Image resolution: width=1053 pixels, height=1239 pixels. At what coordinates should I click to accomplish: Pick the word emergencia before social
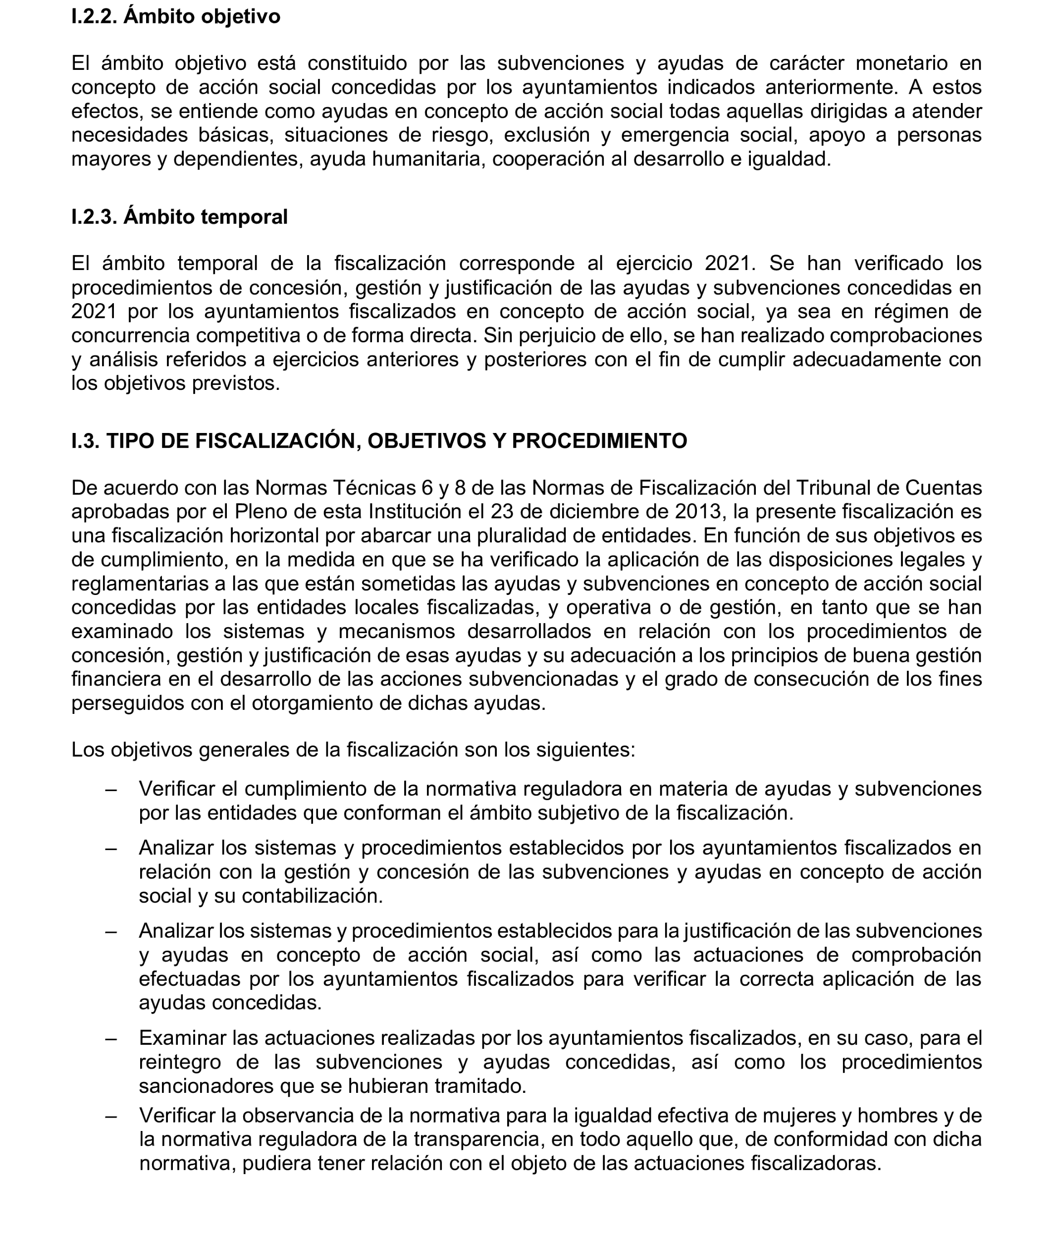point(675,135)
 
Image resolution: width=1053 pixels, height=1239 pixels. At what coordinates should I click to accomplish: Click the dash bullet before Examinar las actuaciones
point(110,1038)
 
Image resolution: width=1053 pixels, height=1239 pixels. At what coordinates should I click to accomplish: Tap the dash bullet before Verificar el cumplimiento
point(110,789)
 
